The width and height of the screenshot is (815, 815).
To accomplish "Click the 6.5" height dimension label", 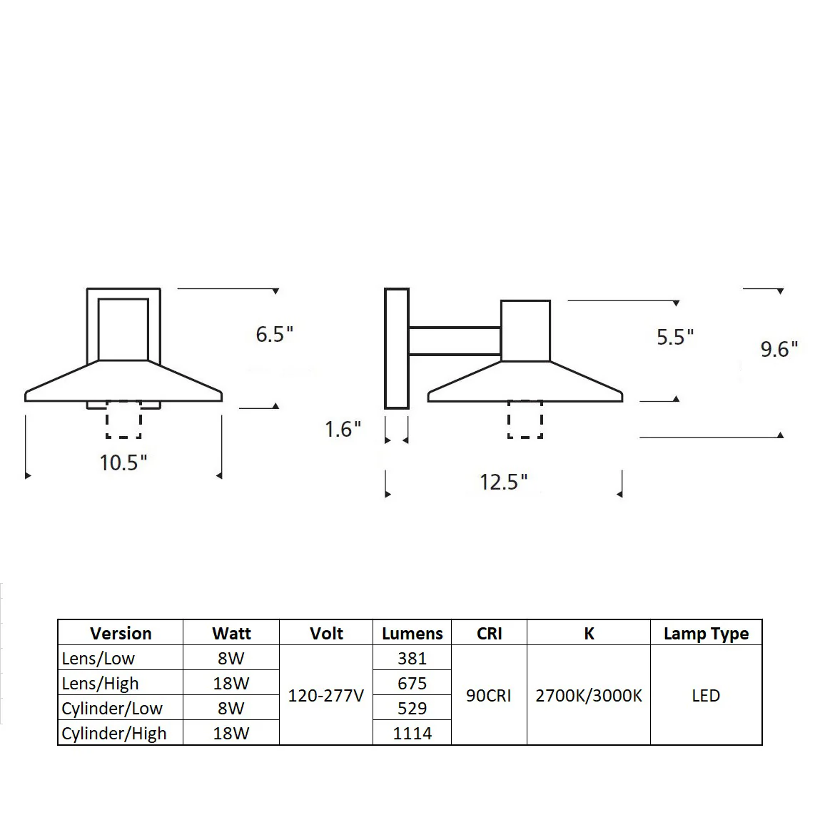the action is tap(275, 334).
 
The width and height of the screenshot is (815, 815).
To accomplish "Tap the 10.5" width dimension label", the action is tap(123, 462).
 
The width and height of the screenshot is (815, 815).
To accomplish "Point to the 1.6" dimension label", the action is tap(343, 430).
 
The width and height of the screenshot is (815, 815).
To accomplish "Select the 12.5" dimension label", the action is tap(503, 482).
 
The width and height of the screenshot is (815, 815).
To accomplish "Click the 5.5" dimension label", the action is tap(675, 338).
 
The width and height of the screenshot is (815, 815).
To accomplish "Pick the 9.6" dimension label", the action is tap(779, 349).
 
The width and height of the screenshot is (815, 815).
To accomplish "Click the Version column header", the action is tap(121, 633).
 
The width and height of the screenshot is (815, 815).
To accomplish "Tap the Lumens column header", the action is tap(412, 633).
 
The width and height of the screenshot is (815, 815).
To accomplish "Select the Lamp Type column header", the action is tap(706, 634).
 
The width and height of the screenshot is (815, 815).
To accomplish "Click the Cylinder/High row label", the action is tap(114, 734).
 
